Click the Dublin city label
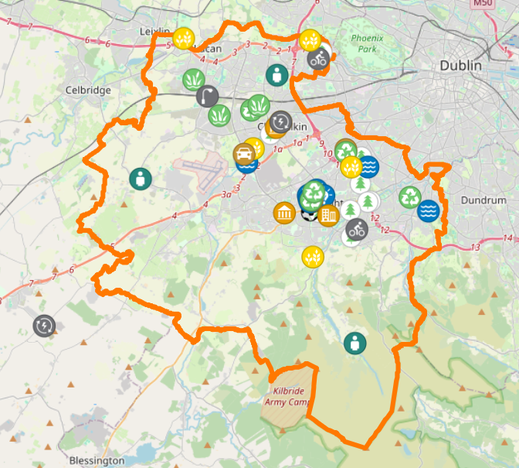(460, 66)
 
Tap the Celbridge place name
(89, 90)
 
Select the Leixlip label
(154, 30)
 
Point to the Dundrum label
(483, 200)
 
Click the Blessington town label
(97, 460)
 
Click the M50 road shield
(482, 4)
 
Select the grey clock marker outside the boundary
(45, 326)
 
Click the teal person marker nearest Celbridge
(140, 179)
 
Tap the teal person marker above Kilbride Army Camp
(354, 342)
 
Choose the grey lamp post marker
(207, 97)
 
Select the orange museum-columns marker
(283, 213)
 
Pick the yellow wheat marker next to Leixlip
(183, 37)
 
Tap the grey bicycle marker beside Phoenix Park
(317, 59)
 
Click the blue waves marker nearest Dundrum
(428, 210)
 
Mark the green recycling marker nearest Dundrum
(409, 197)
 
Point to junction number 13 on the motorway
(474, 248)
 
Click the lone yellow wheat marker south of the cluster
(313, 255)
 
